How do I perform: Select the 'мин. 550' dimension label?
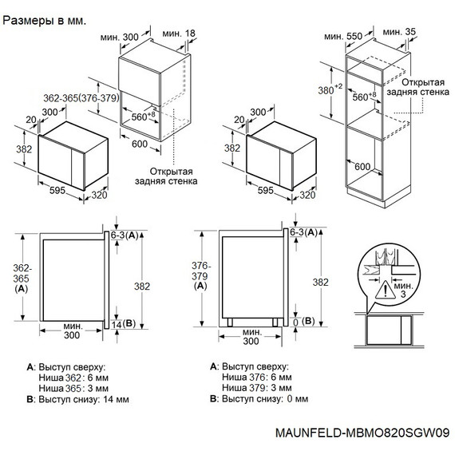tap(345, 37)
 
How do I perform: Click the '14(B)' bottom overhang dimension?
tap(125, 323)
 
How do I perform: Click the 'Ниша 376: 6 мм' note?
tap(255, 377)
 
